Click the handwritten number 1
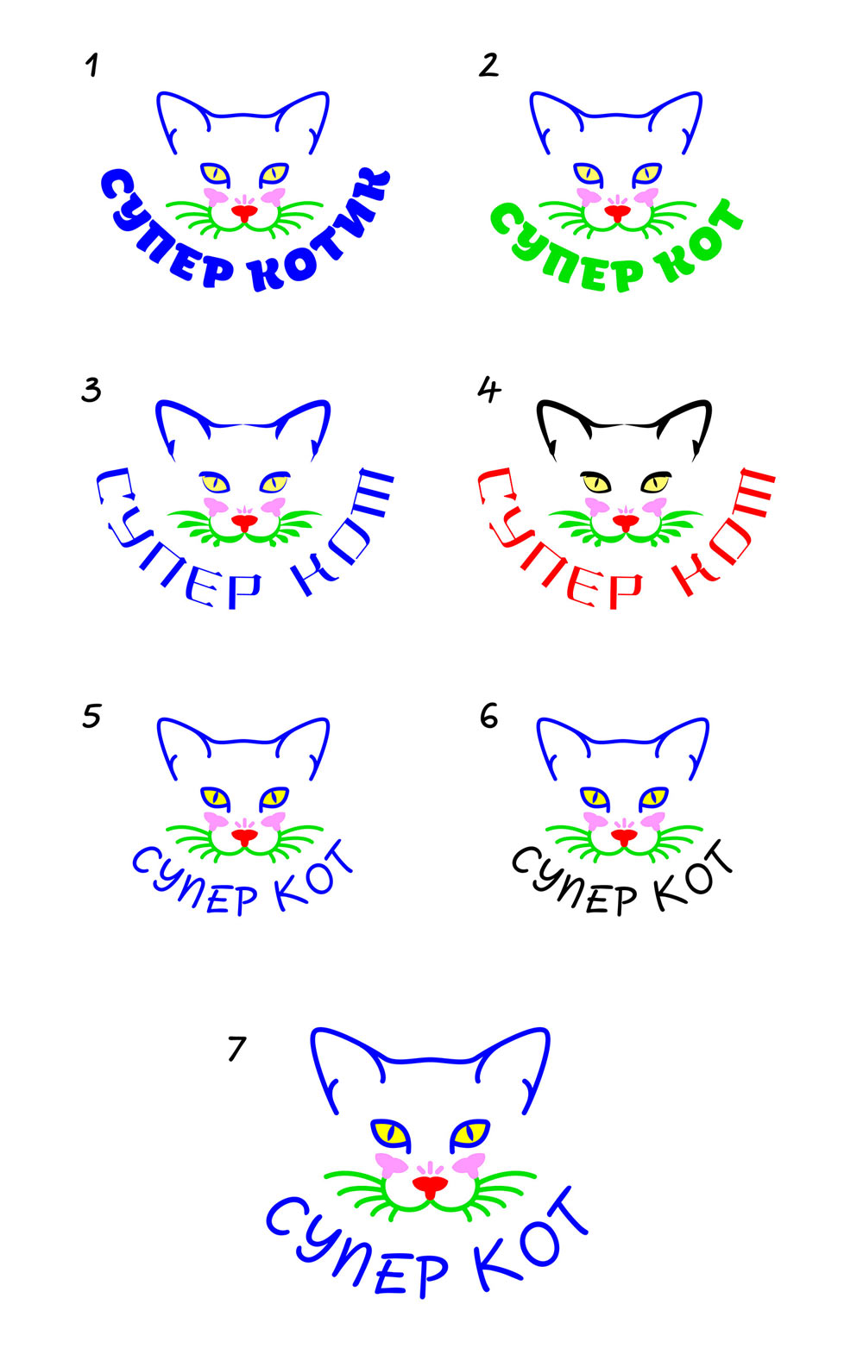click(x=92, y=66)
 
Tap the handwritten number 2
click(x=488, y=66)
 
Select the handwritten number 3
click(x=91, y=390)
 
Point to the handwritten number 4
click(x=489, y=389)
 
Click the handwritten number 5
click(x=91, y=716)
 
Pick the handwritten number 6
click(x=488, y=715)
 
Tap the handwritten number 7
click(x=237, y=1049)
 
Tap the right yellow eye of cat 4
click(x=655, y=483)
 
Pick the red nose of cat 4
click(x=626, y=522)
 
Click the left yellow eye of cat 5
click(x=215, y=797)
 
